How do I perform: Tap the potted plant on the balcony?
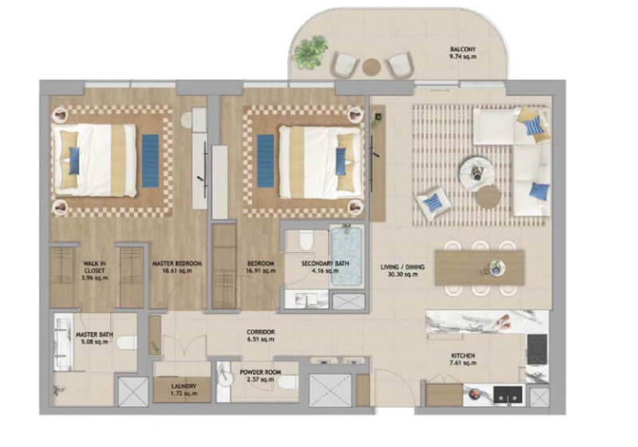pos(309,52)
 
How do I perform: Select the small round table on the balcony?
pos(371,67)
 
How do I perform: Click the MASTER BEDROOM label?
pos(176,264)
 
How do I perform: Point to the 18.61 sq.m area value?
pos(176,272)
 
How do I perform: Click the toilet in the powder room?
pos(286,383)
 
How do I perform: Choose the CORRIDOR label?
pos(260,331)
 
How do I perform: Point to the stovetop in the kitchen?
pos(538,347)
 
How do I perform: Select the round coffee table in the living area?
pos(477,170)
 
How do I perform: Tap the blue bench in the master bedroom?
pos(150,155)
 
